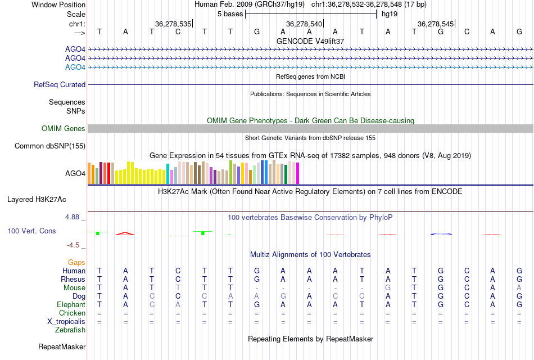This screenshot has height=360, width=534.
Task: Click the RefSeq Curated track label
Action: coord(60,84)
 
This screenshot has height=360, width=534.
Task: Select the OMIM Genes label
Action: coord(64,128)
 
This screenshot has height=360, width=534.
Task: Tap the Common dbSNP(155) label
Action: coord(50,146)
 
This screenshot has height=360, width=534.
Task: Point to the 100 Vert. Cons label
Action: coord(32,231)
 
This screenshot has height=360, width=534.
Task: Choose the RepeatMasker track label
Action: coord(62,346)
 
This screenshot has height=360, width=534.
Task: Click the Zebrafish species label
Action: coord(70,330)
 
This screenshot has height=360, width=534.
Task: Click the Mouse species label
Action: coord(74,287)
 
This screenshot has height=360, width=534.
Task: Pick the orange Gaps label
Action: coord(76,262)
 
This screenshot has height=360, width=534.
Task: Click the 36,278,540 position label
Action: coord(304,24)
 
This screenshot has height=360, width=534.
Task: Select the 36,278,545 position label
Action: coord(436,24)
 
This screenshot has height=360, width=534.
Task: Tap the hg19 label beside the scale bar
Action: coord(390,13)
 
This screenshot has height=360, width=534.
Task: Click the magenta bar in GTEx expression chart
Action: coord(297,173)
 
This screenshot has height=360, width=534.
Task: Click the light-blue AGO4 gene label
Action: coord(75,67)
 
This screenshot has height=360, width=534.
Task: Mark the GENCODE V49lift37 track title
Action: coord(310,41)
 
